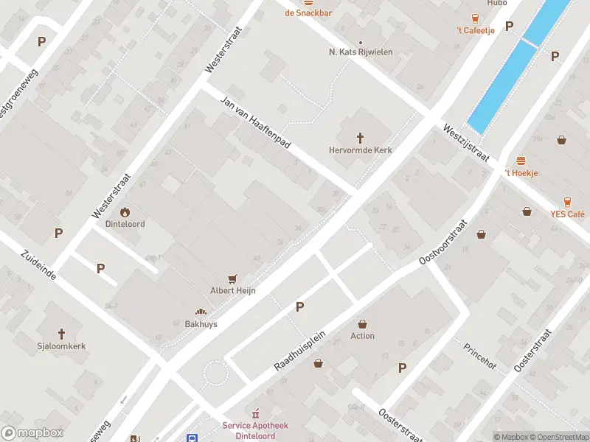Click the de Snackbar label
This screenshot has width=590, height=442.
[308, 13]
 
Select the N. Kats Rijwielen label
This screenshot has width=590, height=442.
[361, 52]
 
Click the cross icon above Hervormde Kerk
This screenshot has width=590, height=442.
[361, 137]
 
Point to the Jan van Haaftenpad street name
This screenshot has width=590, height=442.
[254, 122]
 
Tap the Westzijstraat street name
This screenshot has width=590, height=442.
[466, 142]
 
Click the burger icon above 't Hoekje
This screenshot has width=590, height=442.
[521, 161]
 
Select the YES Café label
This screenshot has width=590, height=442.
[567, 214]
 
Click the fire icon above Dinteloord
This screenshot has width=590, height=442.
[125, 211]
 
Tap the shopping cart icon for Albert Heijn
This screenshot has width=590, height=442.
[233, 278]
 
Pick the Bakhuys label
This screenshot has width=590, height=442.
[201, 323]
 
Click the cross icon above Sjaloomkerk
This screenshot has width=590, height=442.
[62, 333]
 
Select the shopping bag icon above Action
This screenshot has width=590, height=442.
[362, 323]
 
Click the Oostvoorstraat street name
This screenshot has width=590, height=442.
[444, 242]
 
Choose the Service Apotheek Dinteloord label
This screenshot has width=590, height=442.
[256, 430]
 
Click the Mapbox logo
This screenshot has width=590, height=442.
[32, 433]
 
